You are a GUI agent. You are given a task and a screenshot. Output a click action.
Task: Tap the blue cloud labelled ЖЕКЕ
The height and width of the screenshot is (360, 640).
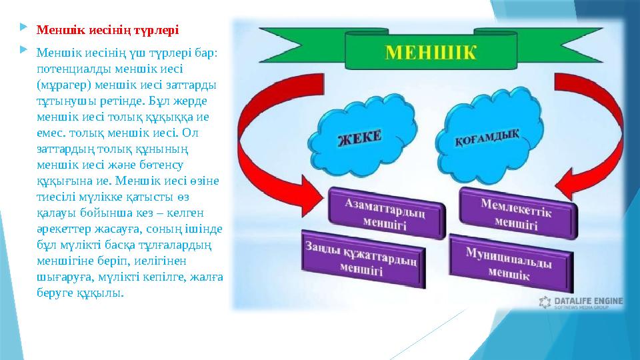(361, 140)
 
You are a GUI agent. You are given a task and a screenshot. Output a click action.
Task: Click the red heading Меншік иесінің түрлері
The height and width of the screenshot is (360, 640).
(107, 30)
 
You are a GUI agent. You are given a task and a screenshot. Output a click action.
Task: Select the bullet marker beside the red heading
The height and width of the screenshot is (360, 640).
(25, 29)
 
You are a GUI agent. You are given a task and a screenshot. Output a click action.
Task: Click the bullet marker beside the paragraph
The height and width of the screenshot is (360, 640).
(25, 51)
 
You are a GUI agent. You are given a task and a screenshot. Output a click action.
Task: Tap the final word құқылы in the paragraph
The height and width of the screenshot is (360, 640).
(103, 293)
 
